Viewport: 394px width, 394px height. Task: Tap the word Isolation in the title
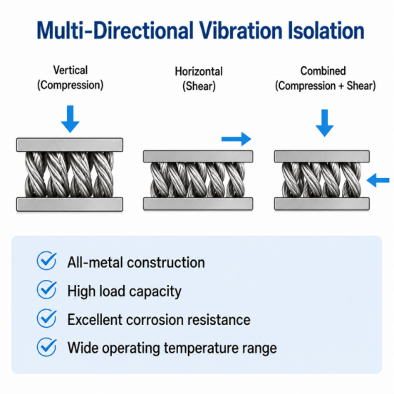[x=326, y=31]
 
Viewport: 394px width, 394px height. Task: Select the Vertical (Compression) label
[x=71, y=78]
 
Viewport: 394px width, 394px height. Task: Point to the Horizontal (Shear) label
[x=199, y=78]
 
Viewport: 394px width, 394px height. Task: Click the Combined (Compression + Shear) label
[x=326, y=78]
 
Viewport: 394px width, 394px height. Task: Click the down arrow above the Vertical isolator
[x=71, y=119]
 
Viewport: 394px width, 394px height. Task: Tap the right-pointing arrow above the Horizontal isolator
[x=237, y=139]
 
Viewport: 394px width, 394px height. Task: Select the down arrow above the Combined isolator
[x=325, y=123]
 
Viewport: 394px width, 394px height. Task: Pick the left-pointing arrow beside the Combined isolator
[x=378, y=180]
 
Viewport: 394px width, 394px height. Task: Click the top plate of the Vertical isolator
[x=70, y=145]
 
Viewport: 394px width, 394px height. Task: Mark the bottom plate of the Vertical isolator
[x=70, y=204]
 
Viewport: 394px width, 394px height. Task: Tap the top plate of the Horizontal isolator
[x=198, y=156]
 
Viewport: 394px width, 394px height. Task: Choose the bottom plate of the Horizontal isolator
[x=198, y=204]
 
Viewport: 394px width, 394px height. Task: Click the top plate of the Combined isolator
[x=322, y=156]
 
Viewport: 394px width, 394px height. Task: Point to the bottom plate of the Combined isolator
[x=322, y=204]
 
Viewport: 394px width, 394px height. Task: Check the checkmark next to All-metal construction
[x=47, y=261]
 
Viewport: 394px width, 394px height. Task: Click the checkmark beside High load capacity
[x=47, y=289]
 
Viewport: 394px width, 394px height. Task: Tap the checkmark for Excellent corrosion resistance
[x=47, y=318]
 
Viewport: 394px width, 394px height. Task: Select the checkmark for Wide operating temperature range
[x=47, y=347]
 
